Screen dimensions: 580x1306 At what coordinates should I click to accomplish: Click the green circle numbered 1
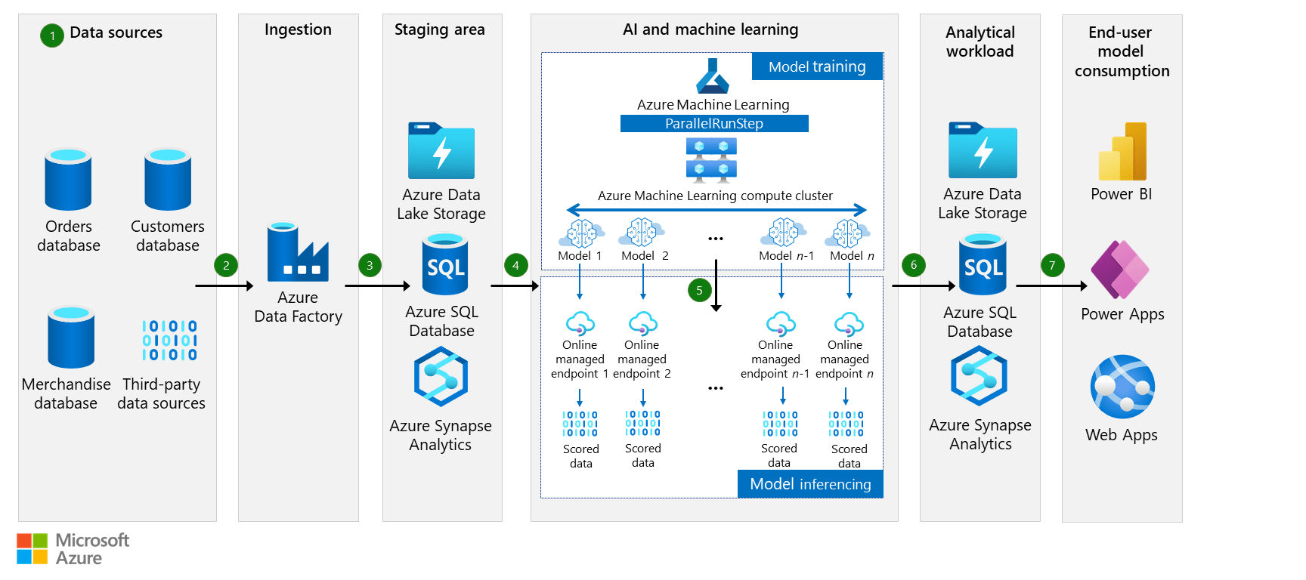click(52, 35)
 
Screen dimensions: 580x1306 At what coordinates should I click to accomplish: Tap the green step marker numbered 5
click(699, 290)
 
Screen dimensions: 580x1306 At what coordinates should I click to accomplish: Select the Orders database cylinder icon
click(68, 180)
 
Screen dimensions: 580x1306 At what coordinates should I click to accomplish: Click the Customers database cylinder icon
click(168, 180)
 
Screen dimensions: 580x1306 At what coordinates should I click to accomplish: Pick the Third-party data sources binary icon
click(169, 340)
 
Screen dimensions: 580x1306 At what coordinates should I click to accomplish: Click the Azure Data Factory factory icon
click(297, 252)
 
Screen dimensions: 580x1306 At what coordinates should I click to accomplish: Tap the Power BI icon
click(1122, 152)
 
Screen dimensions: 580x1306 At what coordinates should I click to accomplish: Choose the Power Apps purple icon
click(1120, 270)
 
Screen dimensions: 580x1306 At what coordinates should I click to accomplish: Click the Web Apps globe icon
click(1122, 387)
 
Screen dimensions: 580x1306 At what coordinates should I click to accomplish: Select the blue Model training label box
click(817, 66)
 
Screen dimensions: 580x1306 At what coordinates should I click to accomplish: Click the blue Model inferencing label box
click(810, 484)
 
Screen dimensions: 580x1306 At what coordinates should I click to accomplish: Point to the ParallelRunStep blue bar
click(714, 123)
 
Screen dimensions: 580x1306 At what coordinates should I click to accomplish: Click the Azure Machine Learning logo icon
click(713, 76)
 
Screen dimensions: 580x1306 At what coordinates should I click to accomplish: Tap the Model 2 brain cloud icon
click(642, 233)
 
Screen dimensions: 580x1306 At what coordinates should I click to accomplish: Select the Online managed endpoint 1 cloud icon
click(580, 324)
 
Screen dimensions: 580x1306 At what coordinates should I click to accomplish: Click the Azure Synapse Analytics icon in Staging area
click(441, 376)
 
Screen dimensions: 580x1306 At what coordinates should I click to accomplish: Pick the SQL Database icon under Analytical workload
click(983, 264)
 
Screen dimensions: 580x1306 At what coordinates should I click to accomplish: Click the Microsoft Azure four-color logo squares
click(32, 548)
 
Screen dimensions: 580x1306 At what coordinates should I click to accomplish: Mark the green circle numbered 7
click(1052, 265)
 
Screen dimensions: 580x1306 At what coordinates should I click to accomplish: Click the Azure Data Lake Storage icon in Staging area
click(441, 151)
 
